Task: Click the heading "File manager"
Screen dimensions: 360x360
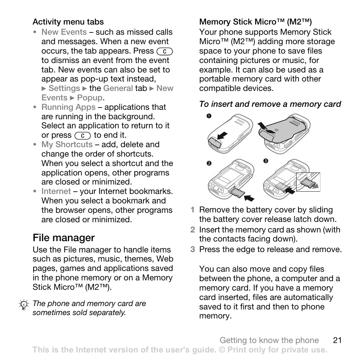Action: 63,238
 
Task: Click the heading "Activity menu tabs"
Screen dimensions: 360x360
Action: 68,22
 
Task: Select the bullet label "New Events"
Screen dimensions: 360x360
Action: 64,32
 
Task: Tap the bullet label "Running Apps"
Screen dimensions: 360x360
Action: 68,107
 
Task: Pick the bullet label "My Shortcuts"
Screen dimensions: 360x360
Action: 67,145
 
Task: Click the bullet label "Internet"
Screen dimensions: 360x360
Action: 56,191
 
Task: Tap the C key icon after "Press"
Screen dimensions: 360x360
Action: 165,51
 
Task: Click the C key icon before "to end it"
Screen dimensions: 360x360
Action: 83,135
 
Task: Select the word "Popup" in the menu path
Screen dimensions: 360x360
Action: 90,98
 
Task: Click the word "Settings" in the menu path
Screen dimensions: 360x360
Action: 64,88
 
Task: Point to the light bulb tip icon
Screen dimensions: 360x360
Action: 24,305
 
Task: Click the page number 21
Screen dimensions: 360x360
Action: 337,340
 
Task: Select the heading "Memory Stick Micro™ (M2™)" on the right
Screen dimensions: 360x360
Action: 255,22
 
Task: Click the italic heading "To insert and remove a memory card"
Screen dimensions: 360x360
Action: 270,104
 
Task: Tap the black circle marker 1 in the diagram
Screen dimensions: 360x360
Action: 208,116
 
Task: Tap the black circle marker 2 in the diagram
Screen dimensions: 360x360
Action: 208,163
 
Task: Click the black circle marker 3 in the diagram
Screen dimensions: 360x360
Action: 265,161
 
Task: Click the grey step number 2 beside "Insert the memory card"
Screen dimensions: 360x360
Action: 192,230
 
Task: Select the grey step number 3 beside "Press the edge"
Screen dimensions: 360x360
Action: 192,249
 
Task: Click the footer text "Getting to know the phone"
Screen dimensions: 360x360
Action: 269,340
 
